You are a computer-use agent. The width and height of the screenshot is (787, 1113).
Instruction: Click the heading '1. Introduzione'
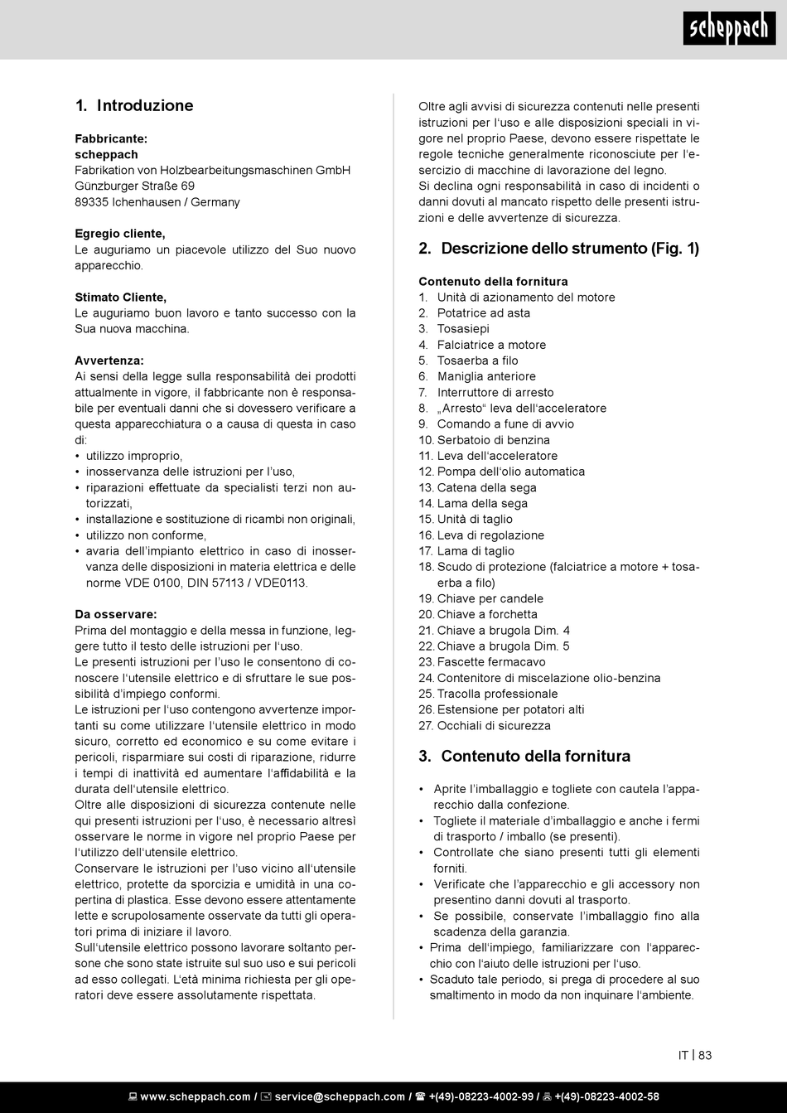click(x=134, y=106)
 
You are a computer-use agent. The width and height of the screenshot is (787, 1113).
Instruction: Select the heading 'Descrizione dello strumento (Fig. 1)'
click(x=570, y=249)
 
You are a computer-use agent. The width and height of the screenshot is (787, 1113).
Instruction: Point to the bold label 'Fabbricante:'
click(x=111, y=138)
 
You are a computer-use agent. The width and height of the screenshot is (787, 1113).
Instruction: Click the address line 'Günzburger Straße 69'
click(x=134, y=186)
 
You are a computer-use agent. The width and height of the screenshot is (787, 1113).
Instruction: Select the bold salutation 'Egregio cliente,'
click(x=119, y=234)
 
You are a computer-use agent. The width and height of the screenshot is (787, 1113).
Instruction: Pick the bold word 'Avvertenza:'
click(x=109, y=361)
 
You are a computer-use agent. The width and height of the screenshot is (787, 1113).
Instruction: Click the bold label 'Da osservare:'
click(x=115, y=614)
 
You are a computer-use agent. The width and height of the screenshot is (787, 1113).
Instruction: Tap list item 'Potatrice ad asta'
click(x=483, y=313)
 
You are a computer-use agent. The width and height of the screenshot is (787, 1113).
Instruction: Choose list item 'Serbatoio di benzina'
click(x=493, y=440)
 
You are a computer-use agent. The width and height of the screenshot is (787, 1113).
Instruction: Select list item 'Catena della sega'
click(x=486, y=488)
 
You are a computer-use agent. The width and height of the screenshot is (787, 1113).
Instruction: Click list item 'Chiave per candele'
click(x=490, y=598)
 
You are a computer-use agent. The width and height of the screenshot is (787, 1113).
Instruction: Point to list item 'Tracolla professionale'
click(x=497, y=694)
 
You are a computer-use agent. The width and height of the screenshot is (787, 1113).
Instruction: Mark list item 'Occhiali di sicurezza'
click(x=493, y=726)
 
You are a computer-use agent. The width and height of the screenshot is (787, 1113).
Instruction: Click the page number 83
click(x=705, y=1055)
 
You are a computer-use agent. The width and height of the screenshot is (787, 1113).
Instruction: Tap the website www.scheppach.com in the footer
click(x=195, y=1097)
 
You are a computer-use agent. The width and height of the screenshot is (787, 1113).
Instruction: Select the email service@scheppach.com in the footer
click(x=339, y=1097)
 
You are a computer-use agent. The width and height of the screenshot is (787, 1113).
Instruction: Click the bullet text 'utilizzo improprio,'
click(x=134, y=456)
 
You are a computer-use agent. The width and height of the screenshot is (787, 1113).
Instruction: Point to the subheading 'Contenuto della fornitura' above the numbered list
click(x=493, y=282)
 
